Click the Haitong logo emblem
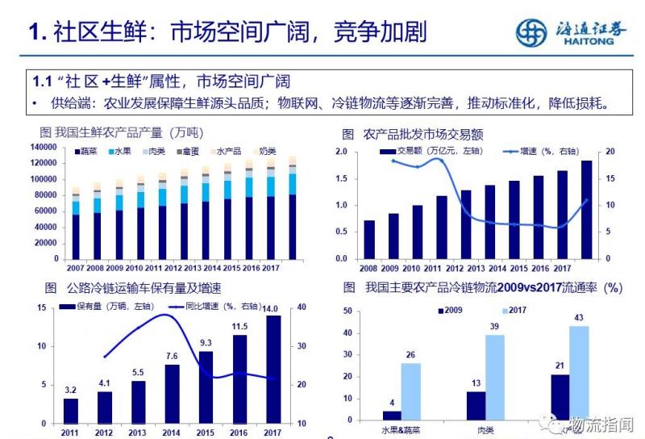tap(531, 33)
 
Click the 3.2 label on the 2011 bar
tap(71, 391)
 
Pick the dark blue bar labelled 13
tap(476, 407)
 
